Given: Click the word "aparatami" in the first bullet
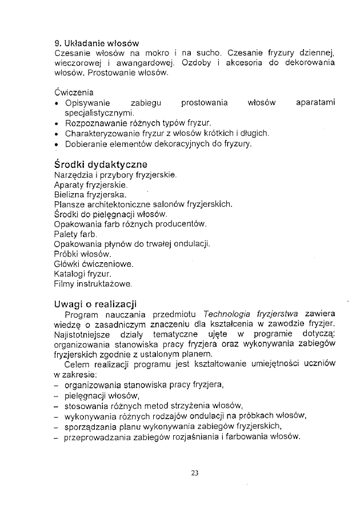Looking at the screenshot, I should coord(315,103).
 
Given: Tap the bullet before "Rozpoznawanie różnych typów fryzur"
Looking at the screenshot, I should coord(57,123).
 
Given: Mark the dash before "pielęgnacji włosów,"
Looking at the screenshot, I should coord(57,395).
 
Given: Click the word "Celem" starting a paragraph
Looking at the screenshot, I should coord(78,365).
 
